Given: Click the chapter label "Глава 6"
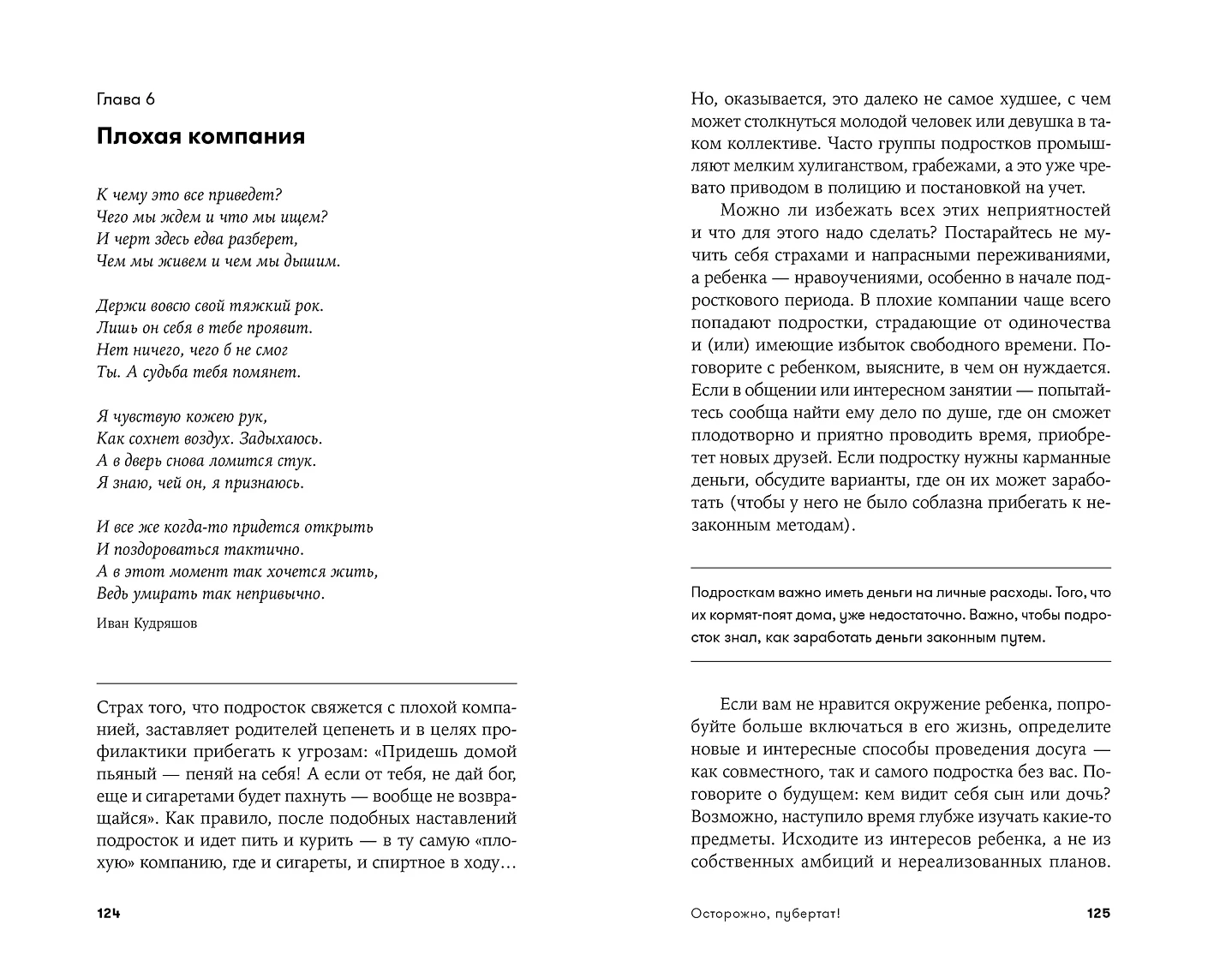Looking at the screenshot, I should click(126, 99).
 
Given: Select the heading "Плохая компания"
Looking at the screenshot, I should click(200, 136).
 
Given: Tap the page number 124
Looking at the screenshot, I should click(109, 914).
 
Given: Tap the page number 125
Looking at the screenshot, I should click(1097, 914).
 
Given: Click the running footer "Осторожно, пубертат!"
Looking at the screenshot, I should click(765, 914).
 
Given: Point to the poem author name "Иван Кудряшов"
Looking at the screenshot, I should click(147, 623).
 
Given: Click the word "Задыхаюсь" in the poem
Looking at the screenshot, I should click(278, 438).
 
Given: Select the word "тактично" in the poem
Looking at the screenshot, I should click(263, 550).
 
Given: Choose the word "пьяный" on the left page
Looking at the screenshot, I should click(126, 775).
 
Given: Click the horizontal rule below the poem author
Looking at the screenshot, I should click(307, 683).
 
